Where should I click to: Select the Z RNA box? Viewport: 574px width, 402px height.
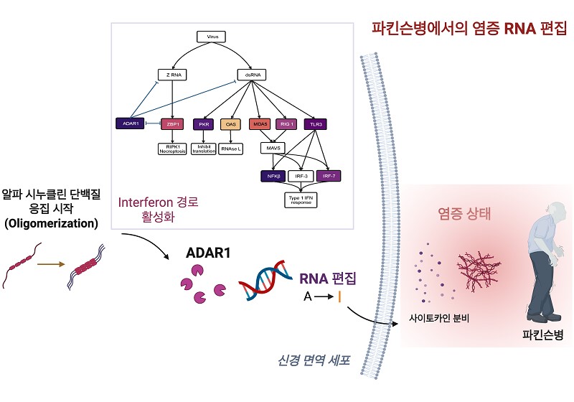(171, 74)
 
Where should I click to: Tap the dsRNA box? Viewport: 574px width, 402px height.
(251, 74)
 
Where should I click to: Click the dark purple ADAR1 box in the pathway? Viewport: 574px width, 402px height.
(131, 123)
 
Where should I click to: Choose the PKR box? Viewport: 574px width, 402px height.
(203, 123)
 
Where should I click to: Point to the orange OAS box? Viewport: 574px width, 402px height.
(230, 123)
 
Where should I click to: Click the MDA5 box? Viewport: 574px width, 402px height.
(259, 123)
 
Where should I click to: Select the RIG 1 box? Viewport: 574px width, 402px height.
(286, 123)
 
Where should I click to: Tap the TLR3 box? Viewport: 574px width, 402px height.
(314, 123)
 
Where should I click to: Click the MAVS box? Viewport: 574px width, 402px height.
(273, 148)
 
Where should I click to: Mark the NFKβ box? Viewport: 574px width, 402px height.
(272, 174)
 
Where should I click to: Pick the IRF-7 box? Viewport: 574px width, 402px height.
(328, 174)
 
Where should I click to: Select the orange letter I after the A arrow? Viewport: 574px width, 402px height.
(340, 296)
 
